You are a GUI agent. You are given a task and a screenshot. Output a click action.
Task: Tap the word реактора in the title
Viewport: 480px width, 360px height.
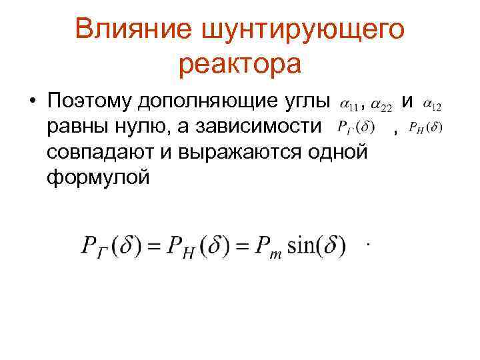tap(240, 65)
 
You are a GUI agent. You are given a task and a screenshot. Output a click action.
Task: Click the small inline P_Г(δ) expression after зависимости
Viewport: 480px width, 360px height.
tap(357, 127)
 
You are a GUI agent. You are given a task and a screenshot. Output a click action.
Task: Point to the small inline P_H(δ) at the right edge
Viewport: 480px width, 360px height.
tap(425, 127)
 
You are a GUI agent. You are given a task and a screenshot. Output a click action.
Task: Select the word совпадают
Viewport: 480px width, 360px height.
tap(103, 152)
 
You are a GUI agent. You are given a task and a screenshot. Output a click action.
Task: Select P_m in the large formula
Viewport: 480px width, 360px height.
tap(271, 249)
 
